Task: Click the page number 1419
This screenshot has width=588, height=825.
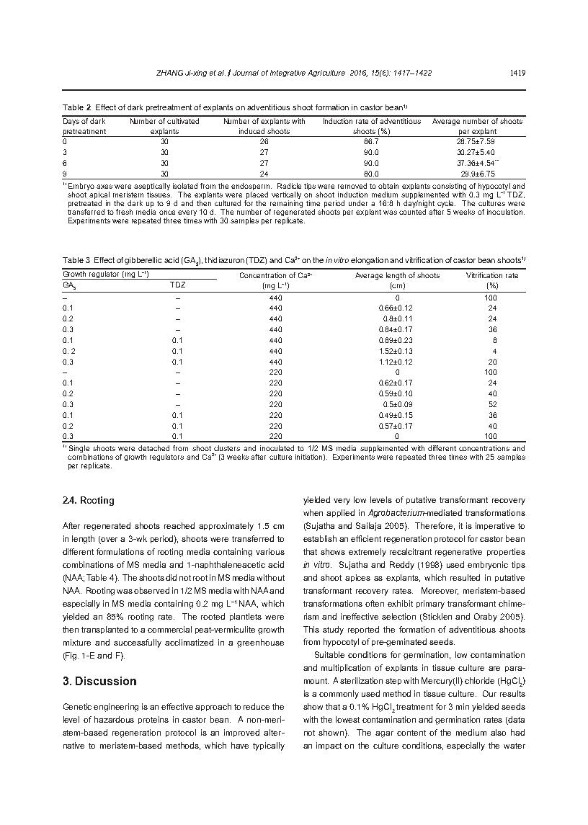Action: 516,73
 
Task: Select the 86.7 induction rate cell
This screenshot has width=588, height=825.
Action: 372,142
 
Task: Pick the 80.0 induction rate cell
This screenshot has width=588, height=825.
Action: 372,174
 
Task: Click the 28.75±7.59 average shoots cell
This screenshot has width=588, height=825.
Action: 477,142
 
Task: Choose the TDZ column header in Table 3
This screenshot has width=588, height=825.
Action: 177,285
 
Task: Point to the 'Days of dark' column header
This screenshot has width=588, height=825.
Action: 84,121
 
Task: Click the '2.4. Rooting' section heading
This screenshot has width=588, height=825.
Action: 88,500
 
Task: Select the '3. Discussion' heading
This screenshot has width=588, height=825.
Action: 99,681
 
